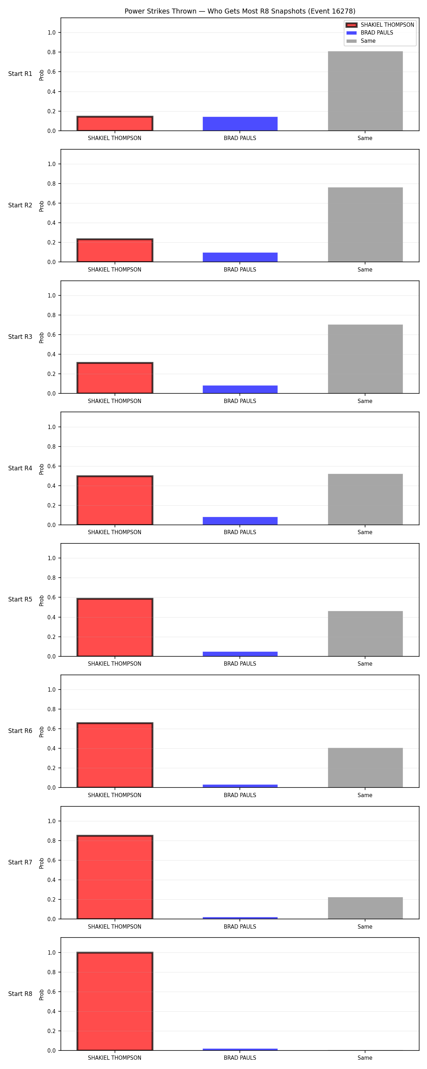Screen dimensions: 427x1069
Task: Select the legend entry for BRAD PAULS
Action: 369,33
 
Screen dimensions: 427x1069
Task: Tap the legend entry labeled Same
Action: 361,41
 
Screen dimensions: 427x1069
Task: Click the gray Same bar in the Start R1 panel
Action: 365,91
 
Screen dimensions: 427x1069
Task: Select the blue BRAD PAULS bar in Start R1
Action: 240,124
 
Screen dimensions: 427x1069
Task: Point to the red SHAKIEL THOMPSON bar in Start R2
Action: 115,250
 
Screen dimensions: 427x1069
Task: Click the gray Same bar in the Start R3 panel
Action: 365,359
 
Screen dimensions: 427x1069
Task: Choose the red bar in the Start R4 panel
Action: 115,500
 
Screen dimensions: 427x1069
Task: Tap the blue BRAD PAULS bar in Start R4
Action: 240,521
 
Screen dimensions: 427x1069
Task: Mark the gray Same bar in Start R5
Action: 365,634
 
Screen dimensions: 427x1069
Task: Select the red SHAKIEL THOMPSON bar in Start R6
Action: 115,755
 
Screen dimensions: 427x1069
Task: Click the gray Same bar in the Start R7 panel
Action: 365,908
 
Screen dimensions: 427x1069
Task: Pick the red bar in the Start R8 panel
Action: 115,1001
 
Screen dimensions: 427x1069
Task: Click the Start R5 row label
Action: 20,599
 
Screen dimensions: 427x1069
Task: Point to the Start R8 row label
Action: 20,993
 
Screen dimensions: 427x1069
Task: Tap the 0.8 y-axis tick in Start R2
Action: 51,184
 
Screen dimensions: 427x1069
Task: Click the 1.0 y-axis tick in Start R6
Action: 51,690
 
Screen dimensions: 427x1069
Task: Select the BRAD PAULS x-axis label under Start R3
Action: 240,401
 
